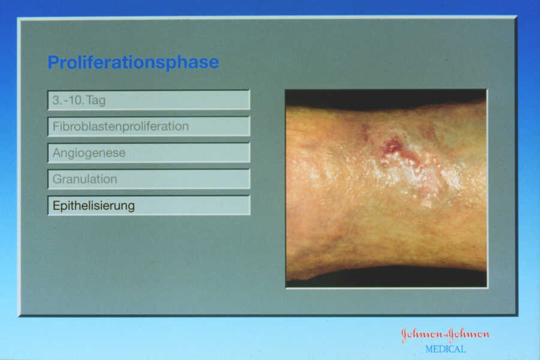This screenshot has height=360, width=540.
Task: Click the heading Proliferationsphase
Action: click(133, 62)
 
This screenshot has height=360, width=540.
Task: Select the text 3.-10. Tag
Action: click(79, 100)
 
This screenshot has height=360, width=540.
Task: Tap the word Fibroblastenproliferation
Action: click(121, 127)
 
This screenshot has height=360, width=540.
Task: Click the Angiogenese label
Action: click(89, 153)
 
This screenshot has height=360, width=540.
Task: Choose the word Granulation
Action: click(85, 179)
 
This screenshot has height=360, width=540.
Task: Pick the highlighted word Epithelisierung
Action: click(94, 206)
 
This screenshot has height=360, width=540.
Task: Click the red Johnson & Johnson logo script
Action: click(445, 334)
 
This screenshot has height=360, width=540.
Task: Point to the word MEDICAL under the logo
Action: click(445, 349)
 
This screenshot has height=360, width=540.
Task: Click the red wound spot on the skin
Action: click(392, 147)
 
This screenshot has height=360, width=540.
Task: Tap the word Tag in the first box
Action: click(96, 101)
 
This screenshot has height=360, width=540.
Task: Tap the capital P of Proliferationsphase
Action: click(53, 62)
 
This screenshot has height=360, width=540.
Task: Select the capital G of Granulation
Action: click(57, 179)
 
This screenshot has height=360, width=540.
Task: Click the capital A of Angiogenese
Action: click(57, 152)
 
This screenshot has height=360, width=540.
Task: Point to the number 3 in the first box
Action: click(56, 100)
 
